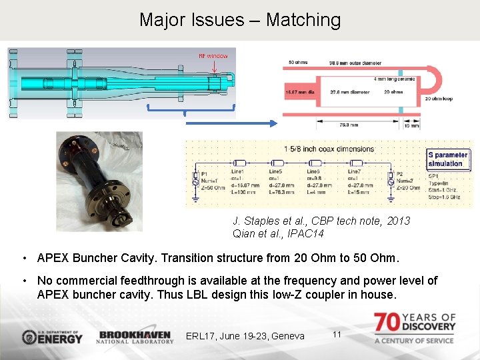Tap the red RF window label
pos(213,56)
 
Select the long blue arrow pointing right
pos(230,123)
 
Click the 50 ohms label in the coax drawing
pos(298,63)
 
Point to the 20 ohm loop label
pos(439,99)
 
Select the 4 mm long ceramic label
pos(394,79)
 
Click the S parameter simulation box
pos(448,159)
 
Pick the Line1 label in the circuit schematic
pos(238,171)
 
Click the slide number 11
pos(337,333)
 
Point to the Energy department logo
pos(52,336)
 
